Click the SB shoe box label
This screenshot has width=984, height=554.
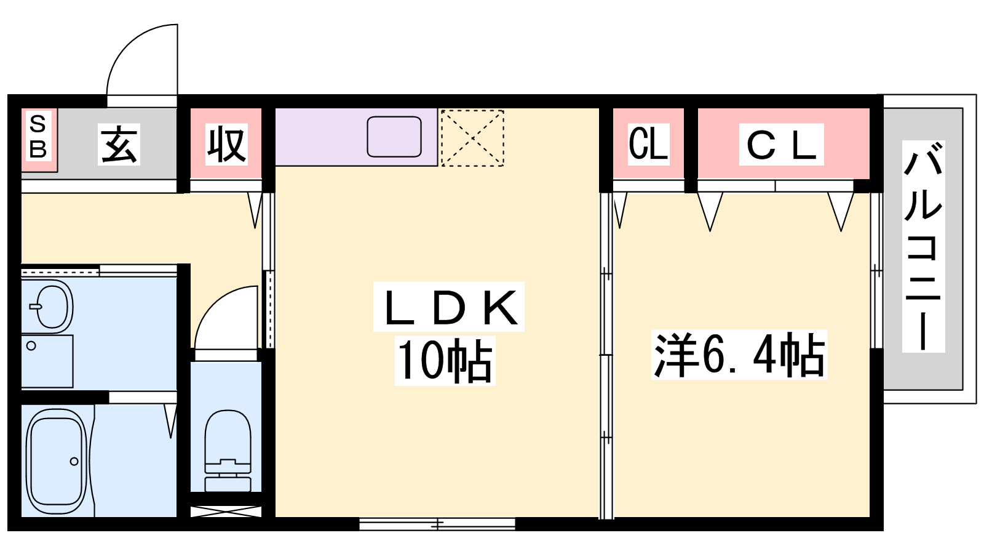coord(38,136)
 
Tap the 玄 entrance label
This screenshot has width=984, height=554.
coord(119,144)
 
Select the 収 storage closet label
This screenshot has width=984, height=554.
coord(226,145)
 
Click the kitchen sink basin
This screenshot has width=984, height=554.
coord(394,137)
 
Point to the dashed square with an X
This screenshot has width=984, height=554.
coord(472,138)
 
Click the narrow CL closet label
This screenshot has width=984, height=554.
coord(648,144)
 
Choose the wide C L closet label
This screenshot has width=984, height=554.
coord(781,145)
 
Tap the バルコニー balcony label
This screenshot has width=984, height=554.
coord(923,246)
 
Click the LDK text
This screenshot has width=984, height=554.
coord(450,307)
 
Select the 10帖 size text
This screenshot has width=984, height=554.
coord(445,361)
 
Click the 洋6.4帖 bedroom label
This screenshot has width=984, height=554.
coord(739,355)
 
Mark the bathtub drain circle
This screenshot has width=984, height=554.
coord(74,461)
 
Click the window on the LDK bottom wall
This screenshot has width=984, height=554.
coord(437,524)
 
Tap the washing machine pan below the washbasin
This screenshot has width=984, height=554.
coord(47,361)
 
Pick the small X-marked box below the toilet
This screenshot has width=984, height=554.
coord(226,512)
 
